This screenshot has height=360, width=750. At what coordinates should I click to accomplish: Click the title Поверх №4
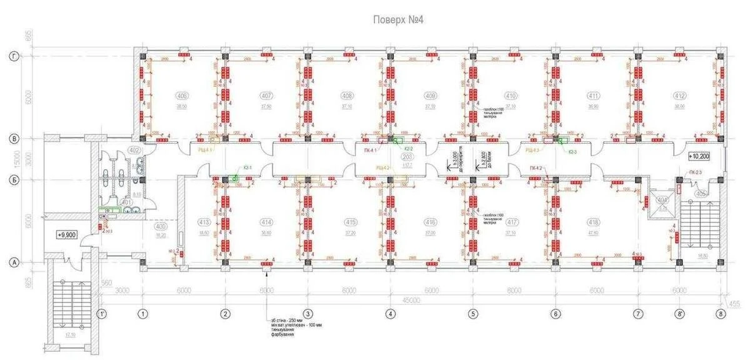click(399, 19)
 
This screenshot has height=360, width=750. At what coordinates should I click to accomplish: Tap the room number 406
click(182, 96)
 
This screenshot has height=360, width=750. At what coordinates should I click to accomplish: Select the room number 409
click(430, 96)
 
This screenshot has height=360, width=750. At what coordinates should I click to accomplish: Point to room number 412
click(679, 96)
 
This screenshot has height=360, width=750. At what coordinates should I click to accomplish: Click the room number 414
click(267, 222)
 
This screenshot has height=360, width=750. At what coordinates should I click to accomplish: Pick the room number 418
click(595, 222)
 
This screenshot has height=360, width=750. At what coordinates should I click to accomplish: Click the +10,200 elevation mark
click(700, 156)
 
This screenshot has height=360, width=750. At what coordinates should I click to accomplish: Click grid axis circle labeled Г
click(13, 56)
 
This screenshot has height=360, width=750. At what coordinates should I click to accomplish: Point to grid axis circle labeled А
click(13, 263)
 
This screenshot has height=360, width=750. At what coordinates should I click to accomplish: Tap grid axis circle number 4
click(390, 314)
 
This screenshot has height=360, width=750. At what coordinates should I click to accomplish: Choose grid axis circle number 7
click(638, 314)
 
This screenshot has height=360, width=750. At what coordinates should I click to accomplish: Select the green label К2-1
click(247, 167)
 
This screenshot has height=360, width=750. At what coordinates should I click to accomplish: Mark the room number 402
click(134, 150)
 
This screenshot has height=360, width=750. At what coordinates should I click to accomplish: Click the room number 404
click(662, 200)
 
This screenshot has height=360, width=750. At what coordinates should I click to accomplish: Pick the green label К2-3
click(572, 150)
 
